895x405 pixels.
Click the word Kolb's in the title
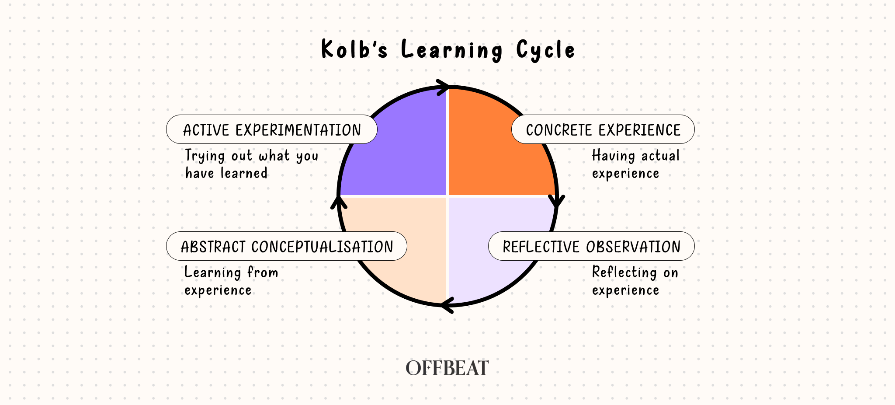click(354, 49)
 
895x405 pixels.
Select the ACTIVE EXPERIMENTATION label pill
click(271, 129)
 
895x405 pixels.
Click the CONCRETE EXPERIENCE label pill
click(603, 129)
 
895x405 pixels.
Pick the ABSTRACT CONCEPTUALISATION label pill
click(286, 246)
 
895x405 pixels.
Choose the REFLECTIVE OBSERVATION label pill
click(591, 246)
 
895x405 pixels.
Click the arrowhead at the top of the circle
click(444, 87)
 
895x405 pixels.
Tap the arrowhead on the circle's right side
click(557, 202)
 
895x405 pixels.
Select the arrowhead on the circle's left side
click(338, 202)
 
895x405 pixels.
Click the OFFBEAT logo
click(447, 368)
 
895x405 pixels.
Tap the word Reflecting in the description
click(624, 272)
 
